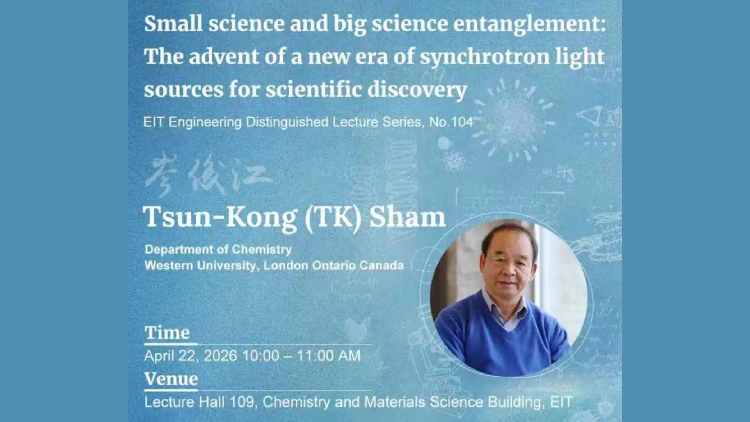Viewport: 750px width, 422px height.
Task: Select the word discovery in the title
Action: click(417, 91)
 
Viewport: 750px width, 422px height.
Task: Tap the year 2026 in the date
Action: click(220, 355)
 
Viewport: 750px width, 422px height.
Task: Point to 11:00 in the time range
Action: click(314, 355)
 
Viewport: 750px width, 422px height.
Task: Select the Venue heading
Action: click(171, 379)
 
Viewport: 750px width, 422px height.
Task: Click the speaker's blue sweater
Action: click(502, 344)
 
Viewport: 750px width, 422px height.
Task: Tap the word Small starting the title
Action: click(173, 24)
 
